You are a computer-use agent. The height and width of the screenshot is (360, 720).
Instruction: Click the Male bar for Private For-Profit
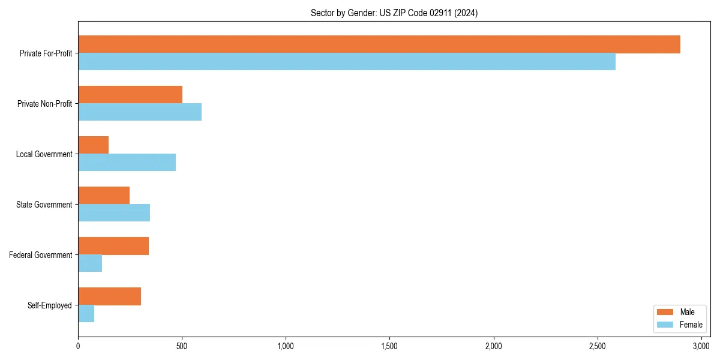(x=379, y=44)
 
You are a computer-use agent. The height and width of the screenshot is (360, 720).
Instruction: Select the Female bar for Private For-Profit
(x=347, y=62)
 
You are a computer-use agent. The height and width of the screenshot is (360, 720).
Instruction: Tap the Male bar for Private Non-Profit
(x=130, y=95)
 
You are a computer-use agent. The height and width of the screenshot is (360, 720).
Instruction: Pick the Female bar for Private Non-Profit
(x=140, y=112)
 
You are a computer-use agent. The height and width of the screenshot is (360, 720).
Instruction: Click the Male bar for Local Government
(x=94, y=145)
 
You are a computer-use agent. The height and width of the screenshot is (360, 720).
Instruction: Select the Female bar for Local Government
(x=127, y=163)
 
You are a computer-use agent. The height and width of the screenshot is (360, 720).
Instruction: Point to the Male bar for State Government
(x=104, y=196)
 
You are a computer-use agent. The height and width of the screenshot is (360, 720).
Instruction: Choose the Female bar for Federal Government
(x=90, y=263)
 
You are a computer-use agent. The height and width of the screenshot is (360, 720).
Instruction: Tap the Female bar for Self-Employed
(x=86, y=314)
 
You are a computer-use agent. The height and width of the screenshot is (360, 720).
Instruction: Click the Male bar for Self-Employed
(x=110, y=296)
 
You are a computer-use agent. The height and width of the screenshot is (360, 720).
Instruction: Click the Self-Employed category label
(x=49, y=305)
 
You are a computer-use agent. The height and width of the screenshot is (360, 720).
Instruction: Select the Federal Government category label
(x=40, y=255)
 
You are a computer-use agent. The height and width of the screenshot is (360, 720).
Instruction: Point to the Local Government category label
(x=44, y=154)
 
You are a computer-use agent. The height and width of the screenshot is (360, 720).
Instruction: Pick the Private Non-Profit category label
(x=44, y=104)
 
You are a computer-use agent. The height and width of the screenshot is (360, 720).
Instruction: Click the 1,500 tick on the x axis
(x=389, y=346)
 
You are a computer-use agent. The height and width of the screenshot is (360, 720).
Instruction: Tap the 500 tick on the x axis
(x=182, y=346)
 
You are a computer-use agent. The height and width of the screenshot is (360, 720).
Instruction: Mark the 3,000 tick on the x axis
(x=701, y=346)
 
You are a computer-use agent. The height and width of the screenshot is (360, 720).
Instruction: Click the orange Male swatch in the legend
(x=665, y=312)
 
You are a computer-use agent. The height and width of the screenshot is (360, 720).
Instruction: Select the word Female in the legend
(x=691, y=325)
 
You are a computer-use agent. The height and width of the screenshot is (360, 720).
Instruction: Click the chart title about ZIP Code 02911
(x=394, y=13)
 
